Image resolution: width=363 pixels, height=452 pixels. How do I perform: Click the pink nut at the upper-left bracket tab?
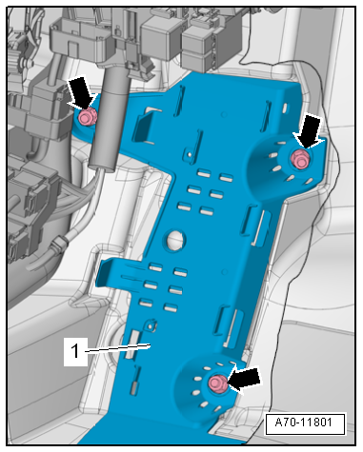(87, 116)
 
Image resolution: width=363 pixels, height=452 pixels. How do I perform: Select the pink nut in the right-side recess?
(300, 158)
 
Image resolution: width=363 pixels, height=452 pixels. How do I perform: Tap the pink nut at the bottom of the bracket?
(218, 383)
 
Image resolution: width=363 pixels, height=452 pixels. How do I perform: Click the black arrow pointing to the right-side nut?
(307, 131)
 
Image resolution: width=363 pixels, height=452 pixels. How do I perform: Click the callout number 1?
(75, 351)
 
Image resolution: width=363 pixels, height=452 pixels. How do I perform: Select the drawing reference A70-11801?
(304, 423)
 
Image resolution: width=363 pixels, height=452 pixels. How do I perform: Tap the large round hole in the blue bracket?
(173, 240)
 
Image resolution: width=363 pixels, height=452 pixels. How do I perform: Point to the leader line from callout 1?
(117, 348)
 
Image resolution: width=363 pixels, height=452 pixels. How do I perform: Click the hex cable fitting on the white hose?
(59, 245)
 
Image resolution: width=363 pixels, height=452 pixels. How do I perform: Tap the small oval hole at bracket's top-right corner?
(285, 108)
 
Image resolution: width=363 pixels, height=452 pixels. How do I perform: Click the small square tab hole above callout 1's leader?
(151, 325)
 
